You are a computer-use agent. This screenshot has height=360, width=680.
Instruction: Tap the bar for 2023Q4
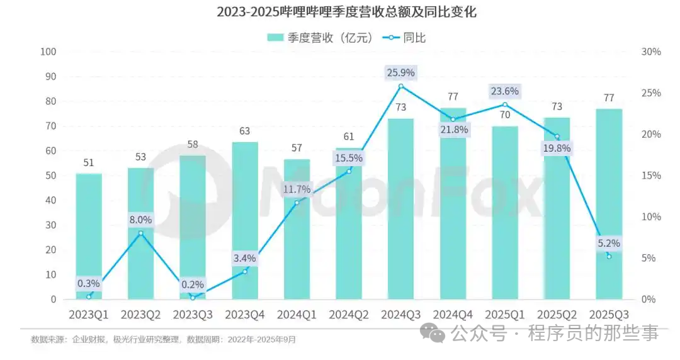(245, 220)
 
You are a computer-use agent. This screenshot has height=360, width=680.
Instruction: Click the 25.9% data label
(400, 72)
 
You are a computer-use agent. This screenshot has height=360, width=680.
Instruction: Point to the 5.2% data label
(609, 243)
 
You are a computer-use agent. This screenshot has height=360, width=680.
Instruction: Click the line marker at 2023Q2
(140, 233)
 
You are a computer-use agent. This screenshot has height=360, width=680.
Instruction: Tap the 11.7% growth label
(297, 189)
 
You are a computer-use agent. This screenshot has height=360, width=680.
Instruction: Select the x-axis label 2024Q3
(400, 313)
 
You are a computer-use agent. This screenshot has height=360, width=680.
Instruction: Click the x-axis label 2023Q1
(89, 313)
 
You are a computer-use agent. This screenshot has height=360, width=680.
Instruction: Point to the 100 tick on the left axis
(48, 52)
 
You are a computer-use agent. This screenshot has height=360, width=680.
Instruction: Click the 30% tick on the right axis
(651, 52)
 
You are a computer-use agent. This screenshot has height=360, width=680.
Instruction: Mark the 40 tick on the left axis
(50, 200)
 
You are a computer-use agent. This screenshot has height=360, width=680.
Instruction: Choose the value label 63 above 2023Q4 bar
(245, 132)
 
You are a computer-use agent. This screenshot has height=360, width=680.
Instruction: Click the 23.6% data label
(505, 91)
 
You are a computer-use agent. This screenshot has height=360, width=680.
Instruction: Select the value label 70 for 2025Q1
(505, 115)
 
